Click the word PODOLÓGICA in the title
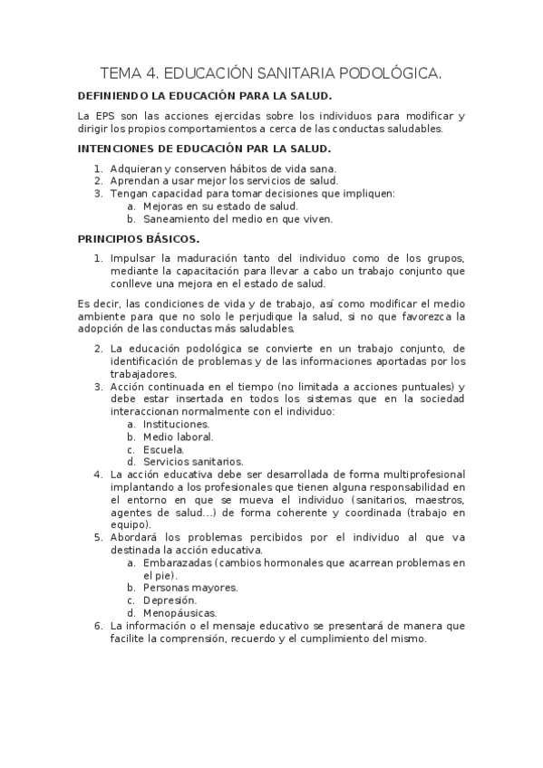pos(391,72)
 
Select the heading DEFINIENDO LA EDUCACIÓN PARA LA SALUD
pos(205,96)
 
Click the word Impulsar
pos(133,258)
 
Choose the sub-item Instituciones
pos(177,424)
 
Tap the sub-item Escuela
pos(164,449)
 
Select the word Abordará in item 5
pos(136,537)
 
